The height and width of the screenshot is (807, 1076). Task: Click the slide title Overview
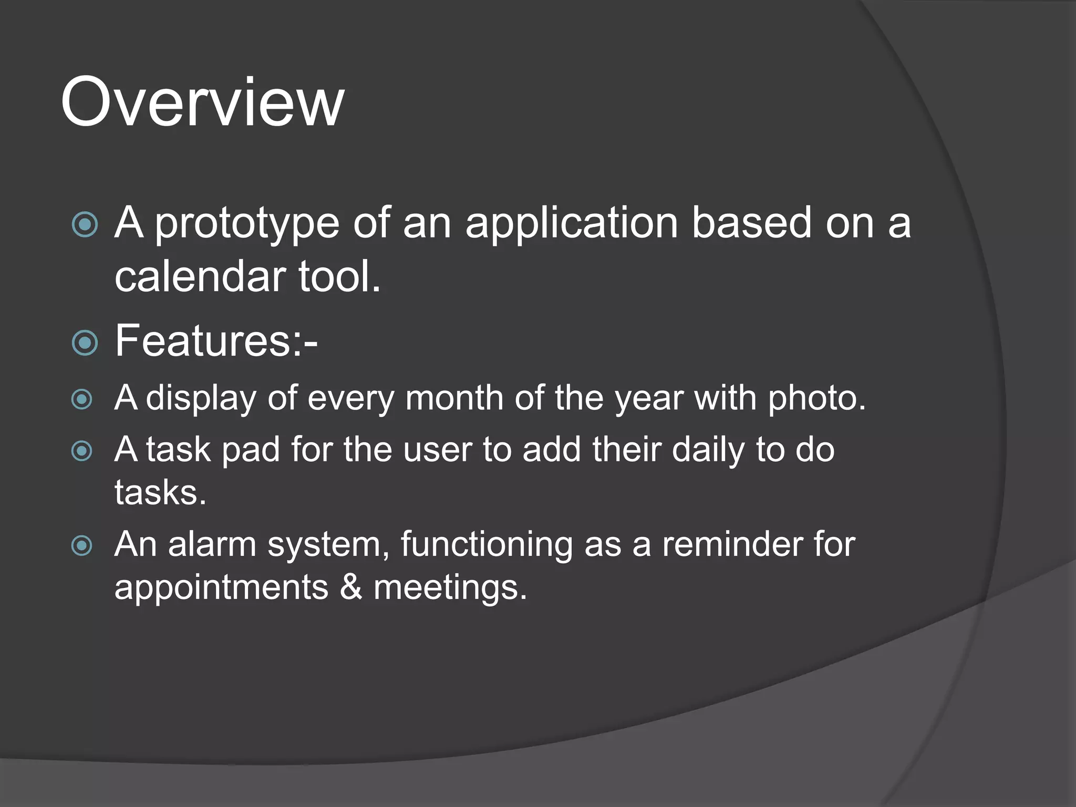coord(202,102)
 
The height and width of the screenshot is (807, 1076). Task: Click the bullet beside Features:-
coord(85,343)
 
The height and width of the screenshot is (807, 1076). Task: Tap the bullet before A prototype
coord(85,225)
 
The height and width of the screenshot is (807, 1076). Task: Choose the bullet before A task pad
coord(82,451)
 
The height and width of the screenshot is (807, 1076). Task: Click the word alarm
coord(212,544)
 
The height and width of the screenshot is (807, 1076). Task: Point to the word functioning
coord(486,545)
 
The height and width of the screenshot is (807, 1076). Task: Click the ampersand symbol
coord(350,587)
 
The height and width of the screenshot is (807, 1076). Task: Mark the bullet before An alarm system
coord(82,545)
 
